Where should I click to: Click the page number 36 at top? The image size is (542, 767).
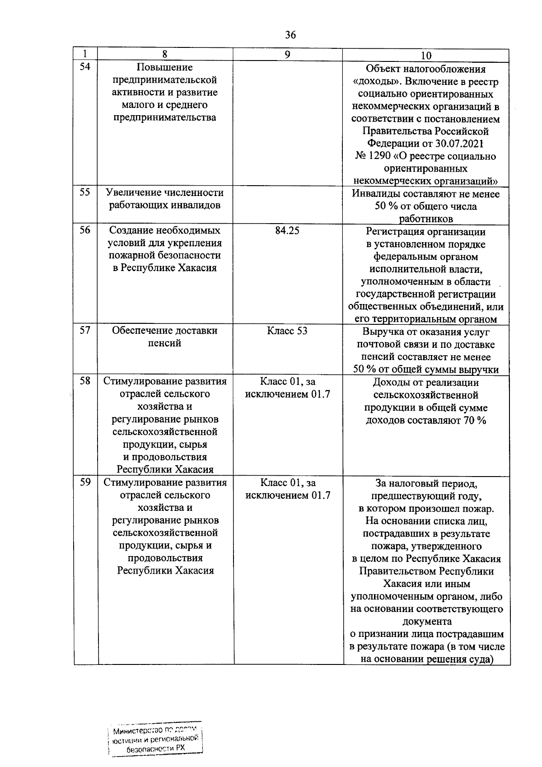coord(290,35)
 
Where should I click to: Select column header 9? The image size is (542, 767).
coord(287,54)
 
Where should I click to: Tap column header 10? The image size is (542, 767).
coord(426,55)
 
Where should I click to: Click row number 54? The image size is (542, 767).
coord(85,66)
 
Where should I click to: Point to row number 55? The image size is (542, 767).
coord(85,192)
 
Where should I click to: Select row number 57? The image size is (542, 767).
coord(85,330)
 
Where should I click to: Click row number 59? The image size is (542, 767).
coord(85,482)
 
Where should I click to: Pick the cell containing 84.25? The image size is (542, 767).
coord(287,230)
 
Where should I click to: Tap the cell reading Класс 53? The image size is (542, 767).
coord(287,331)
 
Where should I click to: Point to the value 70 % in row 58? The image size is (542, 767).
coord(474,421)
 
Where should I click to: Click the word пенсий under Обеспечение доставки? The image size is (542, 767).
coord(165,343)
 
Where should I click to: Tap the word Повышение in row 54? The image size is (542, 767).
coord(164,67)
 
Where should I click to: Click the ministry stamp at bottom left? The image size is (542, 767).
coord(155,739)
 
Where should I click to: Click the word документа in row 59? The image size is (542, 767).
coord(426,621)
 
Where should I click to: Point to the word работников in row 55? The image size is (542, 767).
coord(426,219)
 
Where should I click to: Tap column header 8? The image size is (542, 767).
coord(165,54)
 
